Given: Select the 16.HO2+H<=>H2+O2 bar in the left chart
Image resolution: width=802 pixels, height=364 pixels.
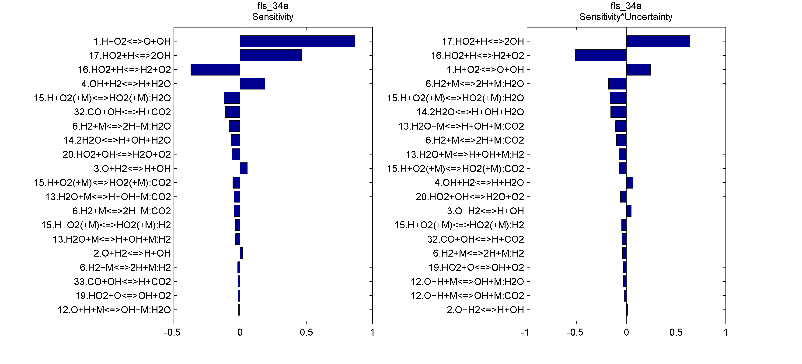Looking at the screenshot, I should (x=215, y=70).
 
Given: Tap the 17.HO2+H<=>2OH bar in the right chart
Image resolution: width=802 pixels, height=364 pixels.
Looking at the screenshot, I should (x=658, y=41).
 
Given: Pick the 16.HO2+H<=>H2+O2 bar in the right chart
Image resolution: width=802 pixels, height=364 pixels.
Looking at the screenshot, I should (x=600, y=55).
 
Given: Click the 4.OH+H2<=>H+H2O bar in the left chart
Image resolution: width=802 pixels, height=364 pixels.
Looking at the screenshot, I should (x=252, y=84).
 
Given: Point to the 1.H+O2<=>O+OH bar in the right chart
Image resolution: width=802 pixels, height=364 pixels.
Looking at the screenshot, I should (x=638, y=70).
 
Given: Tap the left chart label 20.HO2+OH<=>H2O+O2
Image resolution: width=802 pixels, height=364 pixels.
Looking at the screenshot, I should (x=116, y=154).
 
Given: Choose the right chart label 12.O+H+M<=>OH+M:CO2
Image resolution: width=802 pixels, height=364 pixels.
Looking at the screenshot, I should (x=467, y=295).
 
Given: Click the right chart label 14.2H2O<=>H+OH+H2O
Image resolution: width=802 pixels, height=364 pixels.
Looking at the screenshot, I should (x=470, y=112).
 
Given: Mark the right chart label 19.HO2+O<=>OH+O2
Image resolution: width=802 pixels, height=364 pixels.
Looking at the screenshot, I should (x=476, y=267).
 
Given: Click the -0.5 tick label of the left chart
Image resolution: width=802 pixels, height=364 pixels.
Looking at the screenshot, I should (x=172, y=332).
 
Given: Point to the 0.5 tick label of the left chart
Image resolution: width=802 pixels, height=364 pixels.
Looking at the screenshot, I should (x=306, y=332).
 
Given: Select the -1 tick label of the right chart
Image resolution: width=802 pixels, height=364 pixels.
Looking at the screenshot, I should (x=525, y=332).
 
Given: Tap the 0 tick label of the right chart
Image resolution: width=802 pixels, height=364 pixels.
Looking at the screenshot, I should (x=626, y=332).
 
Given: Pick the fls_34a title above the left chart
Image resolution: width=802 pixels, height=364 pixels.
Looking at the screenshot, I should (x=272, y=6).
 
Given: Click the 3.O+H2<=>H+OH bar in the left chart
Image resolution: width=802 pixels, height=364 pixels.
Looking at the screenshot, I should (x=244, y=168).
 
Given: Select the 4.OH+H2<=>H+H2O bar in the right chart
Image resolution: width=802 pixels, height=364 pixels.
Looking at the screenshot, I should (x=630, y=183).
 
